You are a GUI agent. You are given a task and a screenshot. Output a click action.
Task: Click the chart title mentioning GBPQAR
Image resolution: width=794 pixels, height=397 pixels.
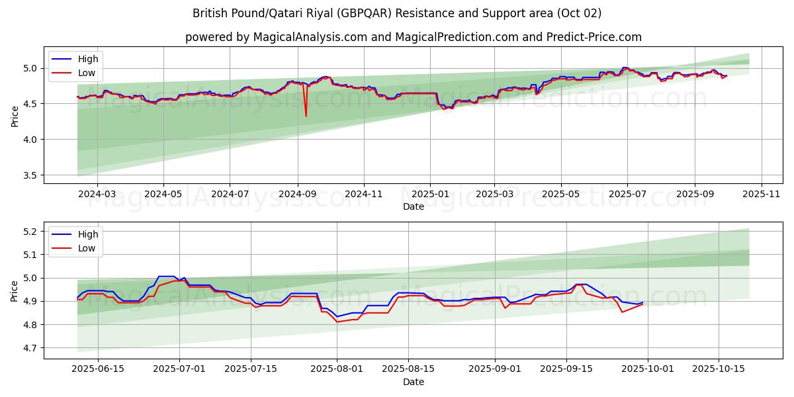(x=397, y=13)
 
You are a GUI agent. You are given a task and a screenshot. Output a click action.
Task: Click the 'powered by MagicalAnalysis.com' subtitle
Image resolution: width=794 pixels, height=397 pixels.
(x=413, y=37)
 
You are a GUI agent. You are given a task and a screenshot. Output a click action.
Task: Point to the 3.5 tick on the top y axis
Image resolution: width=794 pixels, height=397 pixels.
(x=30, y=175)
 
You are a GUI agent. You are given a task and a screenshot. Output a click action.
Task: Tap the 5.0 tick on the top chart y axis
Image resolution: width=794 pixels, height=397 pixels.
(x=30, y=68)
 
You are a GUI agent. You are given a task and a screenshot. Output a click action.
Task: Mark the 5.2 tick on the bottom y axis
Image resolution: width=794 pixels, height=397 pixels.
(x=30, y=232)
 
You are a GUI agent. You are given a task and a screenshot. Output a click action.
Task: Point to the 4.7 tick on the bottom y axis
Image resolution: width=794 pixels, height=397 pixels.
(x=30, y=348)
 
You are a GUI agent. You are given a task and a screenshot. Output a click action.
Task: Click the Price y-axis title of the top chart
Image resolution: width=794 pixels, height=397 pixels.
(x=15, y=116)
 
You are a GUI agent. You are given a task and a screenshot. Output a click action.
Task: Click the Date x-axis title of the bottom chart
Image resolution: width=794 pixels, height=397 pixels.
(x=414, y=382)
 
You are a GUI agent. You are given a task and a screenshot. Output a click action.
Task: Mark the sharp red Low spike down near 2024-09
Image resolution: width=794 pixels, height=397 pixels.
(x=306, y=116)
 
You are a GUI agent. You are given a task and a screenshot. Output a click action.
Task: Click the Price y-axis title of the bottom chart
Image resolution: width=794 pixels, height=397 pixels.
(x=15, y=290)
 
